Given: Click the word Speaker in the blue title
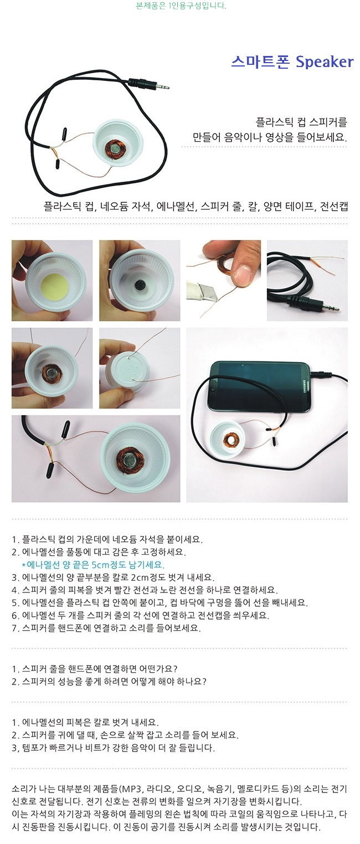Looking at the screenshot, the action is click(325, 62).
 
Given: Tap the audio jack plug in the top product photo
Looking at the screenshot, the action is click(148, 84).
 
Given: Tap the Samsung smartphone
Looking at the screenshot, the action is click(260, 387).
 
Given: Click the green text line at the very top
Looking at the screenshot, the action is click(181, 6).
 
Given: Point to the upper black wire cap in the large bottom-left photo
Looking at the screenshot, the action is click(65, 428).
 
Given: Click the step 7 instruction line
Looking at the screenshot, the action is click(106, 628).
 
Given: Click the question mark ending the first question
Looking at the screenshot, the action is click(175, 669).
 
